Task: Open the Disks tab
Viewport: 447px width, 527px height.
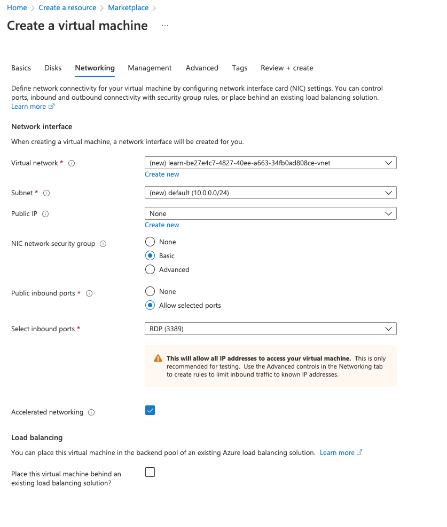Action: (53, 68)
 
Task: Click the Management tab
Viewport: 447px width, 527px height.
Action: (150, 68)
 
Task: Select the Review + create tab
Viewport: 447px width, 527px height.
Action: (287, 68)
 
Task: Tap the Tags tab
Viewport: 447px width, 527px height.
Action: (240, 68)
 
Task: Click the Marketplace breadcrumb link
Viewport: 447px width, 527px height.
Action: (128, 8)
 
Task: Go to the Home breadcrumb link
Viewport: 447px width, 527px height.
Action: (17, 8)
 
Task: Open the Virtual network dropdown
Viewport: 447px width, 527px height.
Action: (270, 163)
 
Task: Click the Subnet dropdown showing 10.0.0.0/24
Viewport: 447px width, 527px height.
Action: (270, 193)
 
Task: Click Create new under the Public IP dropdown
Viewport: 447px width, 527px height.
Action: (162, 225)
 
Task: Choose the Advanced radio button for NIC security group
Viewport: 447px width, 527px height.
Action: (150, 269)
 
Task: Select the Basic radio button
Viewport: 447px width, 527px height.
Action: (150, 255)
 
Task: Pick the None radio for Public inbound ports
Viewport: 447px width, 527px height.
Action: (150, 291)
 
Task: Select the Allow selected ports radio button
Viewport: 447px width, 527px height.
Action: (150, 305)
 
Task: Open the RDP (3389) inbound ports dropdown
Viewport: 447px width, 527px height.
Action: (270, 329)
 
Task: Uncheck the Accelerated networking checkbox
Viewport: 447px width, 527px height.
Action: (150, 410)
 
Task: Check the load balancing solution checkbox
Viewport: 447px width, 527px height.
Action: (150, 472)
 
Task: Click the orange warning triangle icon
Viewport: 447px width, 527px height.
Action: (158, 358)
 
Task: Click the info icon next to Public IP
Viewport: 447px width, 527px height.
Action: (45, 214)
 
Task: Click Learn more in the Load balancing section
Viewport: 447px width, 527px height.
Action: (337, 452)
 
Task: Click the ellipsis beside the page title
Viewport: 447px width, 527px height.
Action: (164, 26)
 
